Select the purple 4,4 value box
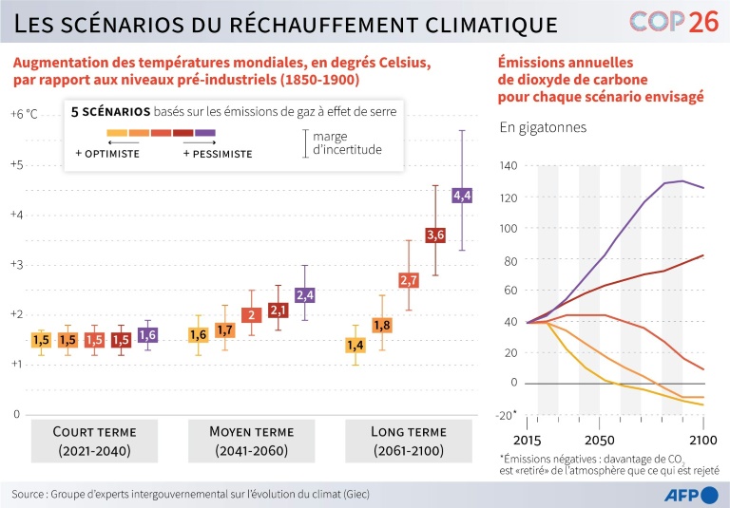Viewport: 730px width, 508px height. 462,196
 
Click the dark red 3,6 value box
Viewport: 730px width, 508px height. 435,235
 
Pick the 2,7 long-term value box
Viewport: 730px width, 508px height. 409,280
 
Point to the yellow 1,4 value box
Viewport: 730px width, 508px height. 355,345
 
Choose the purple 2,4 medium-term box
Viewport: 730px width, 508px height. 304,295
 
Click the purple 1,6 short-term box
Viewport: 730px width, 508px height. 147,334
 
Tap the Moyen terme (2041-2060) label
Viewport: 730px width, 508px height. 249,441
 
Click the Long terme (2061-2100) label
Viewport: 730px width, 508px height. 409,441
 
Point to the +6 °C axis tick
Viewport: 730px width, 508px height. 25,114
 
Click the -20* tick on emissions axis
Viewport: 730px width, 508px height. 508,415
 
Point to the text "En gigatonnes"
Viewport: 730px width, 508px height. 543,127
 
